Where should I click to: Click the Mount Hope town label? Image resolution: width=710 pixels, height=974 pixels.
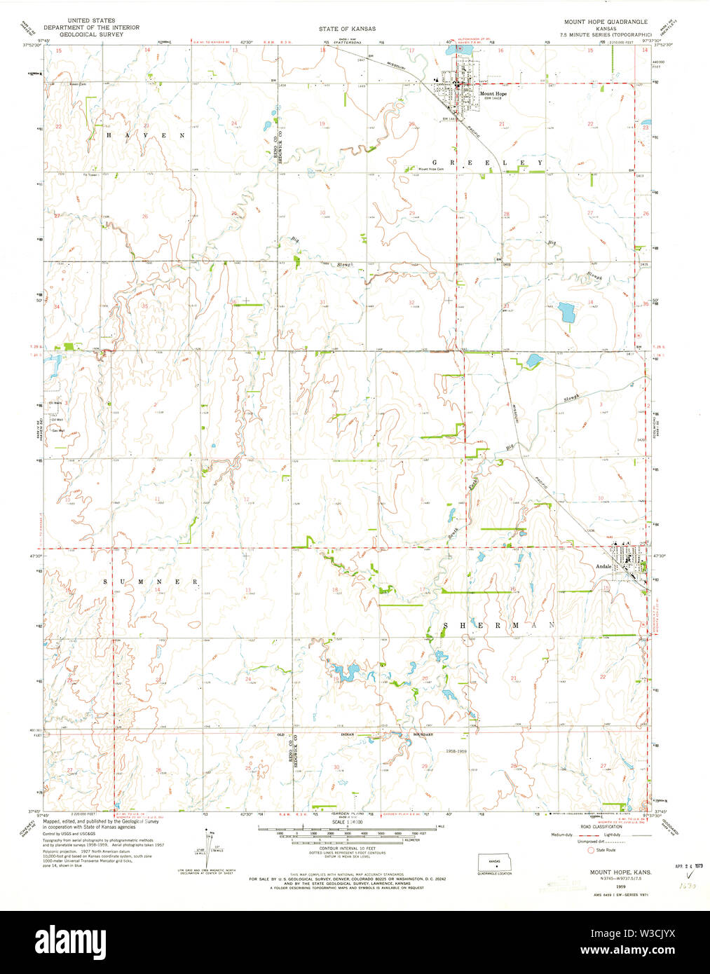[493, 93]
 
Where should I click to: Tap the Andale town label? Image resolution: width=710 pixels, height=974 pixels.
[603, 566]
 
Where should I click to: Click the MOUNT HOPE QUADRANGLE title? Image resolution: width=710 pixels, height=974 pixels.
[606, 22]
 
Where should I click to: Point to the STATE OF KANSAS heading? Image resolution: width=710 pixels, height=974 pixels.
[347, 29]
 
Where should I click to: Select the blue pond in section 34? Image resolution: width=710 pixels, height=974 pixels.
[566, 311]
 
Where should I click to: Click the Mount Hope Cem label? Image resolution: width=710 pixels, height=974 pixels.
[432, 169]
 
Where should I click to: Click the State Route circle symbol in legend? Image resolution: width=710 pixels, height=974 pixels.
[590, 850]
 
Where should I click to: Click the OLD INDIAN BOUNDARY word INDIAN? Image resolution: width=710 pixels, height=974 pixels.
[348, 734]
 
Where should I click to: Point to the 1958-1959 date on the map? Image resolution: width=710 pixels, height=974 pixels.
[456, 750]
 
